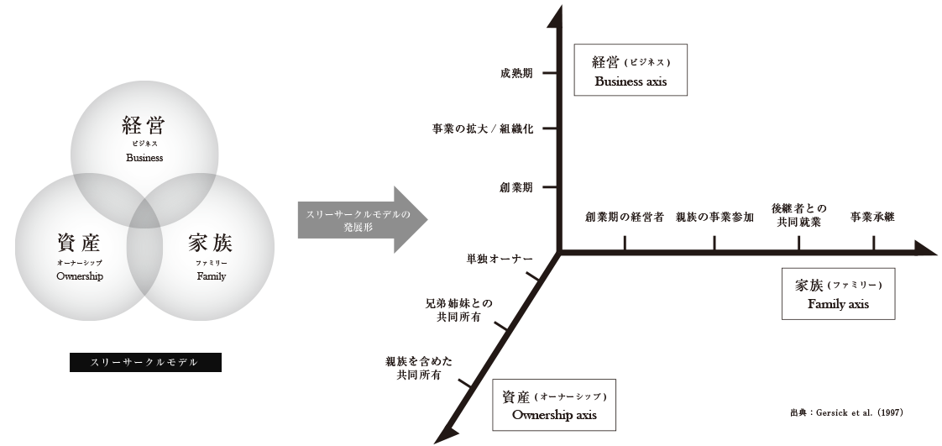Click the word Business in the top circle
[144, 157]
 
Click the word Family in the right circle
[212, 276]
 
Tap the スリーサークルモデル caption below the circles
[144, 362]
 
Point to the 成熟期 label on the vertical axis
[516, 74]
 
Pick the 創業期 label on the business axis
[516, 186]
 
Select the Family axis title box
[838, 294]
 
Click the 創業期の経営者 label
[625, 217]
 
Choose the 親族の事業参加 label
[714, 217]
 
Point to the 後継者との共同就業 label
[798, 215]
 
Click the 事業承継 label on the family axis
[872, 217]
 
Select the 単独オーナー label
[495, 258]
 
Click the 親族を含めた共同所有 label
[420, 367]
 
